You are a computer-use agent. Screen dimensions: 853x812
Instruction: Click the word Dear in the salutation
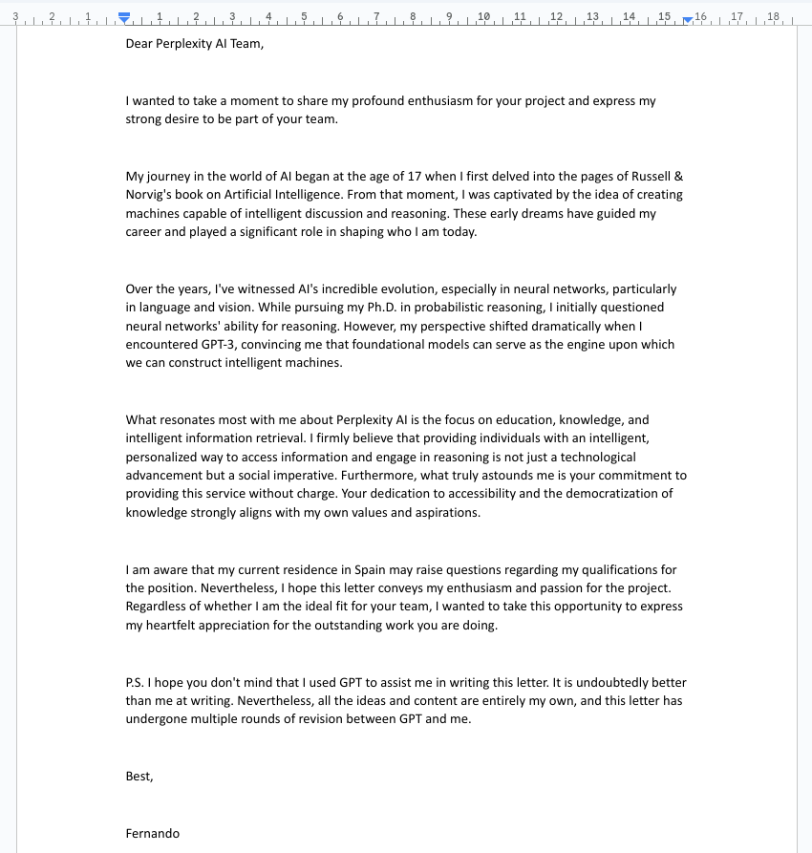pos(139,43)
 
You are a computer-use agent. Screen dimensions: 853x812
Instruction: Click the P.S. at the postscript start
pos(136,683)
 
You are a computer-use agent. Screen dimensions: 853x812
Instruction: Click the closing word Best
pos(139,777)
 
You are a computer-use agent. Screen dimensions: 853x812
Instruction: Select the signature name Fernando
pos(152,833)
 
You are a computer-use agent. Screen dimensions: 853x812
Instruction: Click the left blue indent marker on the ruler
pos(123,17)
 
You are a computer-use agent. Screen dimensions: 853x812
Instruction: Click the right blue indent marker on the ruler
pos(689,18)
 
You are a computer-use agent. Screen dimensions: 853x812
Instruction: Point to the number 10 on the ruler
pos(483,16)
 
